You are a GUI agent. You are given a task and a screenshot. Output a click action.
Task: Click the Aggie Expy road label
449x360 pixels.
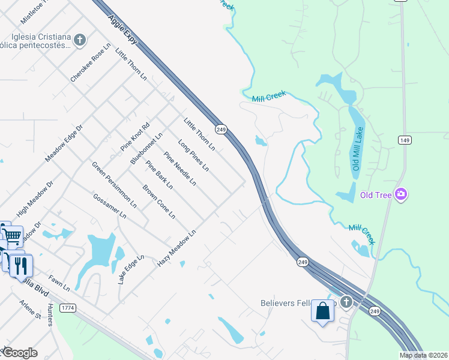pyautogui.click(x=123, y=29)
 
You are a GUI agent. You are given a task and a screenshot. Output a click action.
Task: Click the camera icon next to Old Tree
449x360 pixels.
pyautogui.click(x=401, y=194)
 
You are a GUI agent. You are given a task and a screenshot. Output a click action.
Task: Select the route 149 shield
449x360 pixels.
pyautogui.click(x=404, y=140)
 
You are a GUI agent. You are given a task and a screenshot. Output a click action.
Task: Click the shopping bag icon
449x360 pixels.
pyautogui.click(x=322, y=311)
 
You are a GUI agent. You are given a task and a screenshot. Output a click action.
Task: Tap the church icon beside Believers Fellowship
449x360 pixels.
pyautogui.click(x=346, y=302)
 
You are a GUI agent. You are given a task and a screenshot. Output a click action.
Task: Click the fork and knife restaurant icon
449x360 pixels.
pyautogui.click(x=20, y=265)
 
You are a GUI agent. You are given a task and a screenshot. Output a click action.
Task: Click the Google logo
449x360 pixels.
pyautogui.click(x=19, y=353)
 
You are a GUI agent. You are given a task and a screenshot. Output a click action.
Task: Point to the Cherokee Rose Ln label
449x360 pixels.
pyautogui.click(x=91, y=62)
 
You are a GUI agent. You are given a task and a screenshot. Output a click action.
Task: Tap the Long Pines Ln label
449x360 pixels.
pyautogui.click(x=193, y=154)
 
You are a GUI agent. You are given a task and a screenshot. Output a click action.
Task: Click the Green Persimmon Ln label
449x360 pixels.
pyautogui.click(x=113, y=184)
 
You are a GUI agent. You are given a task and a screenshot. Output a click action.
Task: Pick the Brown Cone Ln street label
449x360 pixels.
pyautogui.click(x=158, y=202)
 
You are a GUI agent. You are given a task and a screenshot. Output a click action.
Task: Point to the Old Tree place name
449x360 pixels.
pyautogui.click(x=376, y=194)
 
